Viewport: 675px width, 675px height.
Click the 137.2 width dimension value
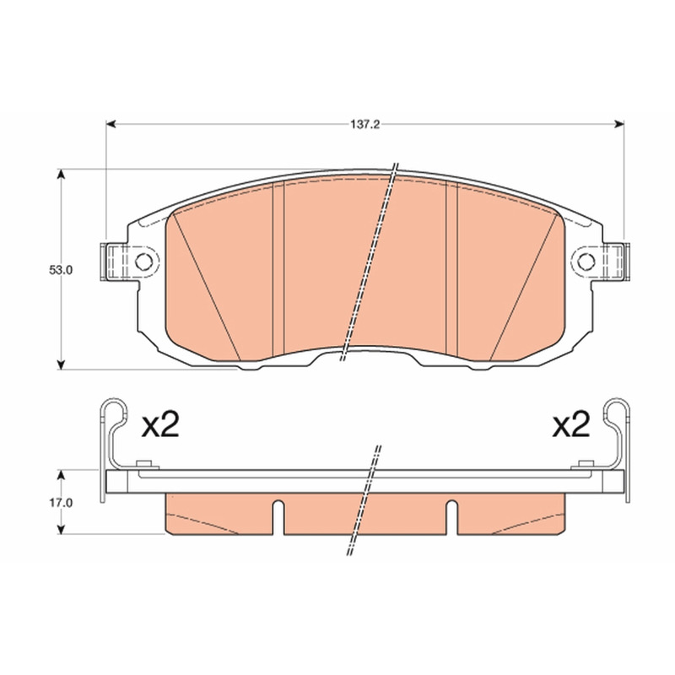tap(364, 125)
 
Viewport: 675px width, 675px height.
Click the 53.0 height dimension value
tap(61, 270)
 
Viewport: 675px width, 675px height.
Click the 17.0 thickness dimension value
tap(61, 502)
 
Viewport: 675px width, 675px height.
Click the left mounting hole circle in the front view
tap(143, 261)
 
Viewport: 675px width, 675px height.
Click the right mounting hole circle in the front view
tap(586, 261)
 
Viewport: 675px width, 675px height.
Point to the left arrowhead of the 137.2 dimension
tap(111, 124)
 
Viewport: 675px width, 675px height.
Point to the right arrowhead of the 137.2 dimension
tap(619, 124)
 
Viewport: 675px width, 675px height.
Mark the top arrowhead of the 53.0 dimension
tap(61, 175)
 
